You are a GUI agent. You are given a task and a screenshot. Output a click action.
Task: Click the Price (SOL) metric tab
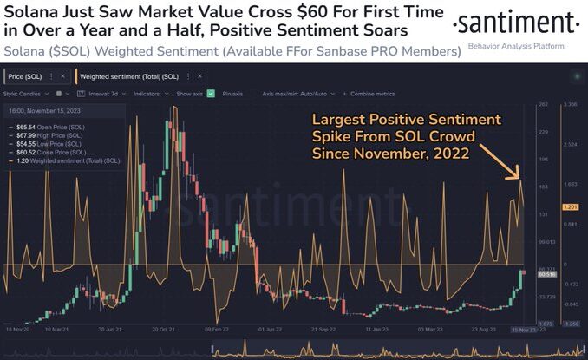pyautogui.click(x=37, y=77)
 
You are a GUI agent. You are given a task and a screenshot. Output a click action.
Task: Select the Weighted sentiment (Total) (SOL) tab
pyautogui.click(x=129, y=77)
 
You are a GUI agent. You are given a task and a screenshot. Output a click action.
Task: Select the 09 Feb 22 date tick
pyautogui.click(x=216, y=330)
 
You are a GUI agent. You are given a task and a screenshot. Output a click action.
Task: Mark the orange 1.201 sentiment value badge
pyautogui.click(x=571, y=206)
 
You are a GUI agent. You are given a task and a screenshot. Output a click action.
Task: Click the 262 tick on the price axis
pyautogui.click(x=545, y=105)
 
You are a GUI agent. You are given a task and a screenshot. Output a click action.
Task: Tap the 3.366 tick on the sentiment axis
pyautogui.click(x=570, y=105)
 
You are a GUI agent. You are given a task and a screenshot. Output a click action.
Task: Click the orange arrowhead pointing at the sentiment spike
pyautogui.click(x=518, y=176)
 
